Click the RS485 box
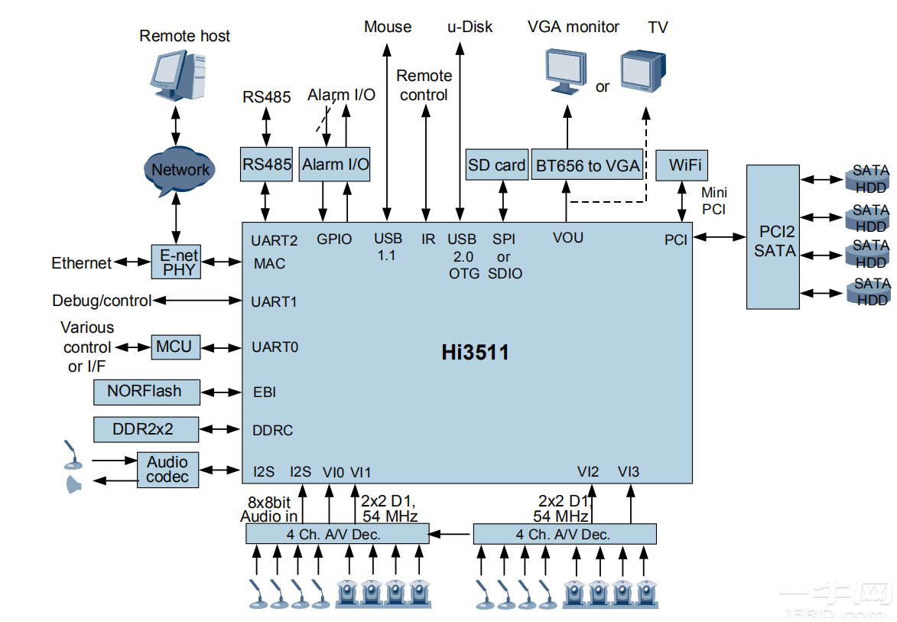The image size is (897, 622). [x=266, y=164]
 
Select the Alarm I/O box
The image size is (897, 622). [x=334, y=164]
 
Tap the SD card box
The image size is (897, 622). [x=496, y=164]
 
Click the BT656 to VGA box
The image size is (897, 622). [x=587, y=164]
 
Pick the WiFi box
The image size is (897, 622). [x=681, y=164]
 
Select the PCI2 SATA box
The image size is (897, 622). [x=772, y=236]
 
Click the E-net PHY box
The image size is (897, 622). [x=177, y=262]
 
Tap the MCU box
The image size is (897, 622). [x=174, y=347]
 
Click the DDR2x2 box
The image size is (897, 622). [x=145, y=429]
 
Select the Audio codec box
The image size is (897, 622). [x=167, y=470]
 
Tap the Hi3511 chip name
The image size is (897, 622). [x=474, y=352]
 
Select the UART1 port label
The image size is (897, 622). [x=274, y=301]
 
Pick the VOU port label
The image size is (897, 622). [x=567, y=238]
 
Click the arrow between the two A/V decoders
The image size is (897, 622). [x=451, y=534]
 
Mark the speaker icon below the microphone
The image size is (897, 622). [x=74, y=484]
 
